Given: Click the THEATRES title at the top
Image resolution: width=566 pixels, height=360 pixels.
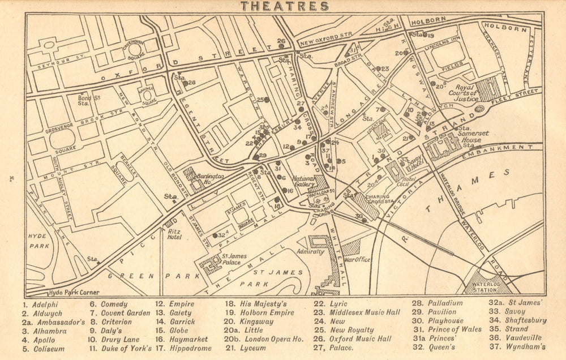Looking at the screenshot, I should coord(284,7).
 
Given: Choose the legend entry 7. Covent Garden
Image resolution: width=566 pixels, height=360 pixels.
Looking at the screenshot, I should coord(119,312).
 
